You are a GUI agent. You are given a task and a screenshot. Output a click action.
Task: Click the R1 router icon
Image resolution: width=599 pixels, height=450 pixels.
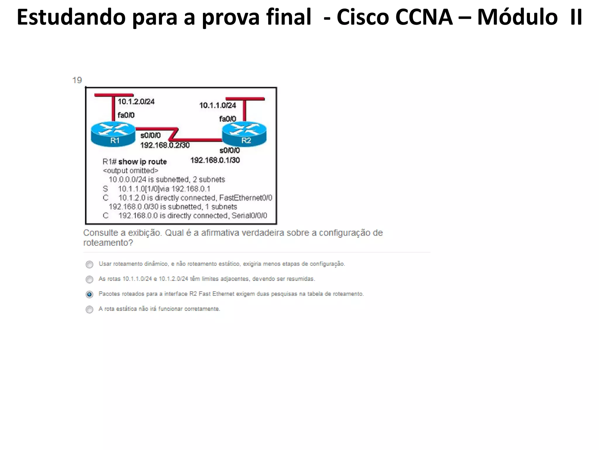tap(113, 134)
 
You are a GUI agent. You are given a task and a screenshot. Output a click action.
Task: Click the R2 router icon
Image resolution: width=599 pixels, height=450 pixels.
tap(245, 134)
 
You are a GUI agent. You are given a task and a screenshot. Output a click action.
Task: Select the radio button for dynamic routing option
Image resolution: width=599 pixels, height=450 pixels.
tap(89, 265)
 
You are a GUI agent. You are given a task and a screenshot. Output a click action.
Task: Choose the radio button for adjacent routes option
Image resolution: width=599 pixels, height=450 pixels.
tap(89, 279)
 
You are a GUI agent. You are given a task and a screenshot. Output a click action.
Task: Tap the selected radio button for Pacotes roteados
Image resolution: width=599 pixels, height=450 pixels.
tap(89, 294)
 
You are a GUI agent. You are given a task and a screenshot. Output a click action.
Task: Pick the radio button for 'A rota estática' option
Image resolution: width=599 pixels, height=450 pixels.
tap(89, 309)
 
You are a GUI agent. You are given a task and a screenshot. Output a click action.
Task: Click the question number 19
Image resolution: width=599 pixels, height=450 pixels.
tap(77, 80)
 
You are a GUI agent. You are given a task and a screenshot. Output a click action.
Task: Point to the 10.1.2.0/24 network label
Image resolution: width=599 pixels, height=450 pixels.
tap(136, 102)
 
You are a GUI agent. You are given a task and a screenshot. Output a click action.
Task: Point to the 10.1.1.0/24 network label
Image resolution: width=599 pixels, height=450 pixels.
tap(218, 105)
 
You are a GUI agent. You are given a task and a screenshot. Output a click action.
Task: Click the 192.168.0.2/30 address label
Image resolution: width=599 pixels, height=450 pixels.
tap(165, 145)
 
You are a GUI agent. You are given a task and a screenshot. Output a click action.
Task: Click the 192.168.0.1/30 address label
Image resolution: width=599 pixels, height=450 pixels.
tap(215, 160)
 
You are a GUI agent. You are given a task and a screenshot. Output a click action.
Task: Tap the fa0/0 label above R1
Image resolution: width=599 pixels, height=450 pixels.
tap(126, 115)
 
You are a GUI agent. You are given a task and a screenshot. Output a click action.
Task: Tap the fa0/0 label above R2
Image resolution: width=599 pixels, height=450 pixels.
tap(228, 119)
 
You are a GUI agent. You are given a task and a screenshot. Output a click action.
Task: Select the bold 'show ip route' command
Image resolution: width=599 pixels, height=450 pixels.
tap(142, 162)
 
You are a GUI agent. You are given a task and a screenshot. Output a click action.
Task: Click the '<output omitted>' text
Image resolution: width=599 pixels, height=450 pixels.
tap(130, 171)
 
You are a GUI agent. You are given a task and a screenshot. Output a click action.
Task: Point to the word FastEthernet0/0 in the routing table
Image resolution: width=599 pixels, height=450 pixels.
tap(246, 198)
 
